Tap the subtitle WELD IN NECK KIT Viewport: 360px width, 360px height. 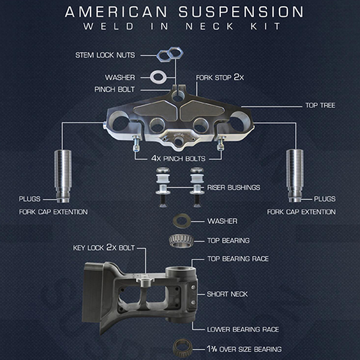tap(179, 28)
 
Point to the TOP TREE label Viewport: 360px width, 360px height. tap(320, 105)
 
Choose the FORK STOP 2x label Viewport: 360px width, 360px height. tap(219, 78)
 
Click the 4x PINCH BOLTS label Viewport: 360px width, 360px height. tap(178, 158)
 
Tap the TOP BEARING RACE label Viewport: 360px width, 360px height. tap(237, 259)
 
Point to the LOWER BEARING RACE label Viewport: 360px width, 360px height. tap(242, 329)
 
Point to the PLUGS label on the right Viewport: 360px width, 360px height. tap(324, 199)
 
